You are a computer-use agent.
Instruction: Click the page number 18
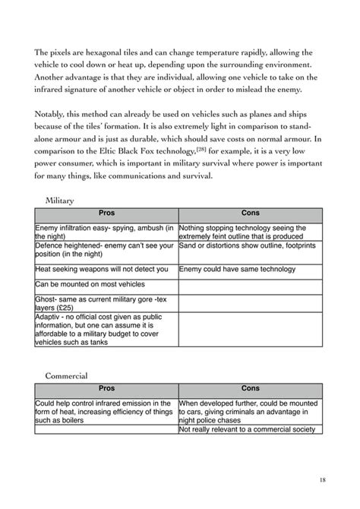point(323,479)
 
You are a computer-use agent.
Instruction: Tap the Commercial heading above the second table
point(66,375)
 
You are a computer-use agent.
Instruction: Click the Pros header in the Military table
point(106,214)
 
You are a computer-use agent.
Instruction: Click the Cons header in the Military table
point(250,214)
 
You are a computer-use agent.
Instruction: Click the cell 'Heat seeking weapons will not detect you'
point(106,269)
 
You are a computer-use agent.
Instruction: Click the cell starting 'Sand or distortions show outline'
point(250,251)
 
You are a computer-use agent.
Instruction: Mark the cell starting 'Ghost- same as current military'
point(106,304)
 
